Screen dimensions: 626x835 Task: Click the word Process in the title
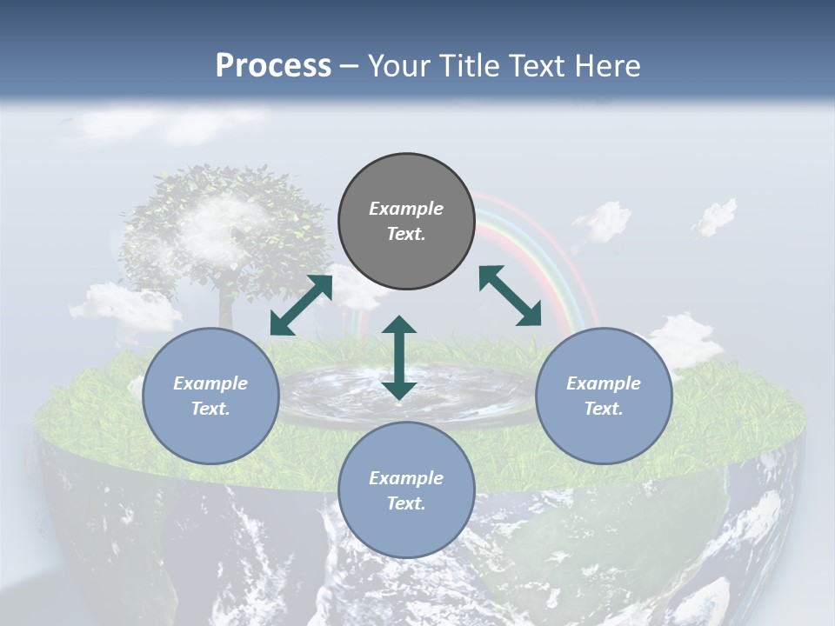point(273,66)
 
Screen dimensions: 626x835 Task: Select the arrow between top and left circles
point(301,305)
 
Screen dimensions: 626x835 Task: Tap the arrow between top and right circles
point(511,296)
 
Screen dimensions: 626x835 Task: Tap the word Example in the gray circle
point(406,209)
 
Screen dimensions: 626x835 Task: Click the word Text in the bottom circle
point(406,503)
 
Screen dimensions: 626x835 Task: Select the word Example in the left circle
point(210,383)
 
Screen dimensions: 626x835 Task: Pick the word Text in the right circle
point(604,409)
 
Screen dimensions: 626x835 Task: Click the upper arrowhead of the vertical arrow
point(399,325)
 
